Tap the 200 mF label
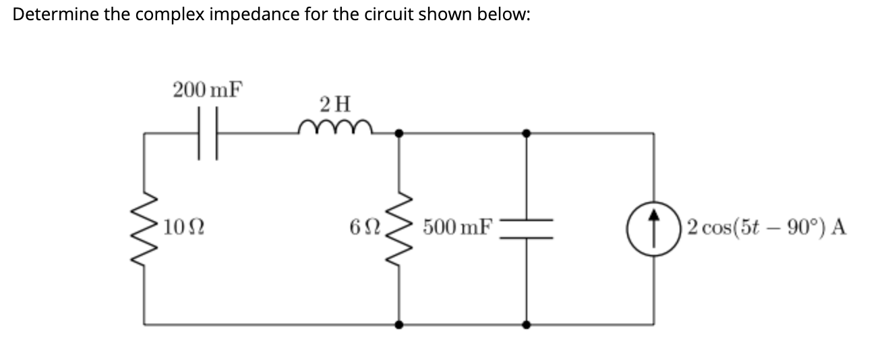[x=208, y=90]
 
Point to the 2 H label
[x=335, y=104]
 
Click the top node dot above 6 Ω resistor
[x=399, y=133]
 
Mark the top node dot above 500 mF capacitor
[x=527, y=133]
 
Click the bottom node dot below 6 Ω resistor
[x=399, y=324]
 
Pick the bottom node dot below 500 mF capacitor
[x=527, y=324]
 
